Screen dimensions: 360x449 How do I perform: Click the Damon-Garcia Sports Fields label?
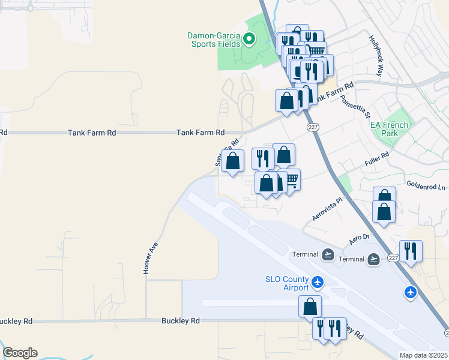(x=215, y=40)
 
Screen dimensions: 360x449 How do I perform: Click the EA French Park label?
(x=389, y=129)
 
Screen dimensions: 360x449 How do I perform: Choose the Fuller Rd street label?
(x=377, y=159)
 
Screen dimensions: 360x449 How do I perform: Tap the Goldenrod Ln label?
(x=426, y=186)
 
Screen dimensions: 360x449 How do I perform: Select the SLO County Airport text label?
(x=287, y=283)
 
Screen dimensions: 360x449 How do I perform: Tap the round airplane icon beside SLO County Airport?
(x=318, y=281)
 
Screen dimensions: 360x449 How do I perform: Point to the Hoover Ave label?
(x=151, y=258)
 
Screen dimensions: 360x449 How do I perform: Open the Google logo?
(x=20, y=353)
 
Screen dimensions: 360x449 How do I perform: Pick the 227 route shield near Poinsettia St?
(x=313, y=127)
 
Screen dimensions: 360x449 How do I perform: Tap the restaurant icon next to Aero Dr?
(x=411, y=251)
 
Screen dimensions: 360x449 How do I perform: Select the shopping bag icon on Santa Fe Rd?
(x=232, y=160)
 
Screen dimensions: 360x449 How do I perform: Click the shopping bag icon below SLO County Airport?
(x=310, y=306)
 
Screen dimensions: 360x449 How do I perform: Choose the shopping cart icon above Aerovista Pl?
(x=292, y=179)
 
